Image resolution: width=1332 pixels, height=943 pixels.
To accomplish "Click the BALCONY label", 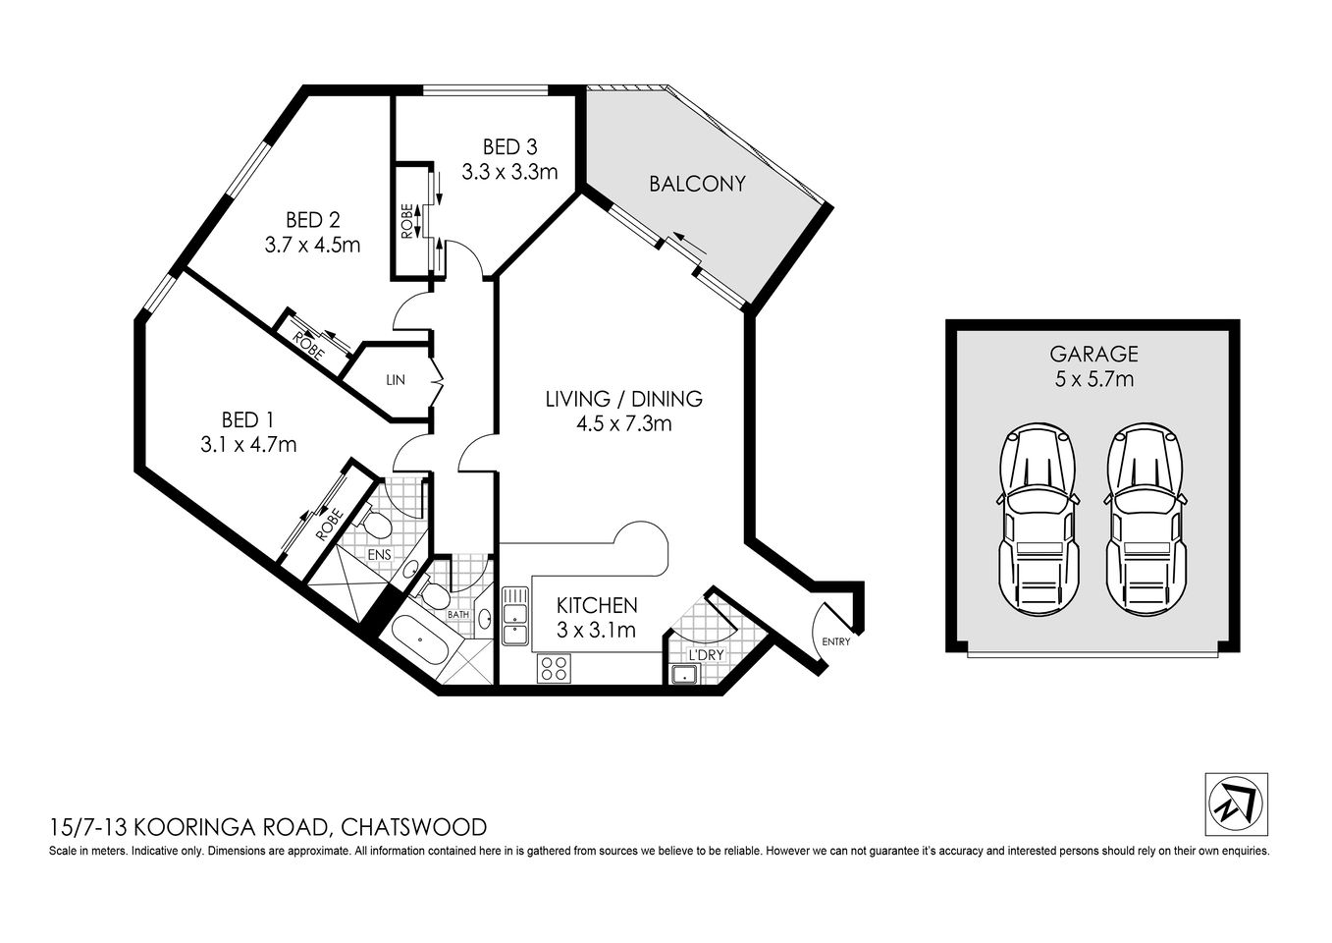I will click(x=697, y=184).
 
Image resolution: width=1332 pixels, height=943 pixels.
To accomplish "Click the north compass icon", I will click(x=1236, y=804).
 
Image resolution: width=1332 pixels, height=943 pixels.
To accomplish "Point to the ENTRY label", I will click(x=836, y=641).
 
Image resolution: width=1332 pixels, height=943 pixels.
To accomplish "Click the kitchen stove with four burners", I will click(x=554, y=668).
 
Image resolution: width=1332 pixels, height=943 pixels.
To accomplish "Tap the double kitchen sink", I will click(x=514, y=616).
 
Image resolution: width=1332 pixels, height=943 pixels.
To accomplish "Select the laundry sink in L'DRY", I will click(x=682, y=674).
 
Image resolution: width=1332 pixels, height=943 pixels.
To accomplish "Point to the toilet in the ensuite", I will click(x=373, y=525).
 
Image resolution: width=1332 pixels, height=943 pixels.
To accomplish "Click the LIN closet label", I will click(x=396, y=380).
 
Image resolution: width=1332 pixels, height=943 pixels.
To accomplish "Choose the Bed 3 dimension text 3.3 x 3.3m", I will click(x=509, y=173).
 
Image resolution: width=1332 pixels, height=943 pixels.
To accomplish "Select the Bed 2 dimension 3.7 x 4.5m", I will click(x=312, y=245).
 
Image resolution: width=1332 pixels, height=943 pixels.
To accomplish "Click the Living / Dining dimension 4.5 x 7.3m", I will click(x=623, y=423).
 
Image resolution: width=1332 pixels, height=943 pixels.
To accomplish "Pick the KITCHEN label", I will click(x=597, y=605).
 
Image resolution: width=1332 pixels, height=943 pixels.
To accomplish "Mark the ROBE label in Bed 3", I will click(x=407, y=221).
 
